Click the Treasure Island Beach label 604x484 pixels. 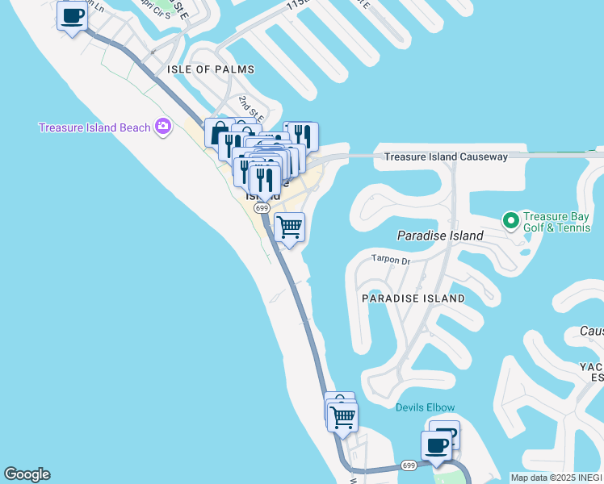pos(94,127)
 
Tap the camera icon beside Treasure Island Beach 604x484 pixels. pos(164,126)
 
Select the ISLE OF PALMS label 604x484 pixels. pos(210,69)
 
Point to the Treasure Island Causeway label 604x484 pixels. pos(445,156)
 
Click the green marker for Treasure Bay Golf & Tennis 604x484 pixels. pos(510,219)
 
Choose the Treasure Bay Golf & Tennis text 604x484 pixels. pos(558,223)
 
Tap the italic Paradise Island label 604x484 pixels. pos(440,236)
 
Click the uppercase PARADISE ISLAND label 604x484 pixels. pos(413,298)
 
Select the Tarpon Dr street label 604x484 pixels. pos(391,260)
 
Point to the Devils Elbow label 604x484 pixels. pos(425,407)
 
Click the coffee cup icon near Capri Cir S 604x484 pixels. pos(72,15)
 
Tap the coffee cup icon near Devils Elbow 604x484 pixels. pos(437,445)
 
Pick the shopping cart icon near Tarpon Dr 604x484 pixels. pos(289,227)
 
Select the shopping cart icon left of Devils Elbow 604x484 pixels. pos(343,417)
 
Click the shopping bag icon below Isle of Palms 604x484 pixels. pos(217,132)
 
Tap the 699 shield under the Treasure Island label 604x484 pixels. pos(262,208)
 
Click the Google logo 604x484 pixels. pos(27,474)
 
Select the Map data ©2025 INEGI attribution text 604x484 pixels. pos(556,478)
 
